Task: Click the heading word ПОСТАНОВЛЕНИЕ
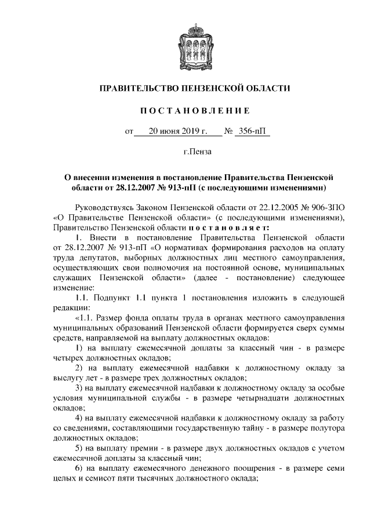(185, 110)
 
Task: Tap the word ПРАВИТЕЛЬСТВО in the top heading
(139, 88)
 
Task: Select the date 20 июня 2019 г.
(177, 131)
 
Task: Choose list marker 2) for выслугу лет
(80, 368)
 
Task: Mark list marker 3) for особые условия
(80, 389)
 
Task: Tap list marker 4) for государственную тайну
(80, 421)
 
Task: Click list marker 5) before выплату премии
(80, 453)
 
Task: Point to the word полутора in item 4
(316, 432)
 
